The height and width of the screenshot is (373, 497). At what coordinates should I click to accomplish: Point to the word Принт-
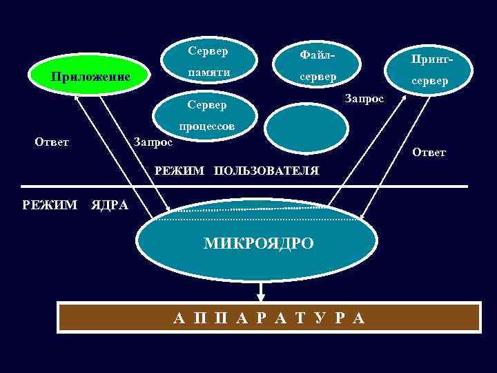(x=430, y=60)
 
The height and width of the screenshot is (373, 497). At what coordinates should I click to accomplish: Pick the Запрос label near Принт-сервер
(x=364, y=98)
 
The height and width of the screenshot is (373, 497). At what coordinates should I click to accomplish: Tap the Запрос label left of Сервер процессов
(x=153, y=142)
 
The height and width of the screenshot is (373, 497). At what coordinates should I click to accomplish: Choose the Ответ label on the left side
(x=52, y=142)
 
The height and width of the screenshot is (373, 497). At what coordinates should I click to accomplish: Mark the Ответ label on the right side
(x=429, y=152)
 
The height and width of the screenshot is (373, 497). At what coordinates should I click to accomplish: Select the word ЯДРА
(x=109, y=204)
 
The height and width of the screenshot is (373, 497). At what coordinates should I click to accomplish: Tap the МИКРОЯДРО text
(x=259, y=242)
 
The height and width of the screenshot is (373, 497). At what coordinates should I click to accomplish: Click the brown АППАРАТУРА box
(x=269, y=318)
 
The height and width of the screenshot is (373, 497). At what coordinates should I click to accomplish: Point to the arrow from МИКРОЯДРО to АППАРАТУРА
(x=261, y=290)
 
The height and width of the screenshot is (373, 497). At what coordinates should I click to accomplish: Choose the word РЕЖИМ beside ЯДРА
(x=50, y=204)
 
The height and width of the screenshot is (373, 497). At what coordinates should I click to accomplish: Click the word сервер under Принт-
(x=430, y=81)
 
